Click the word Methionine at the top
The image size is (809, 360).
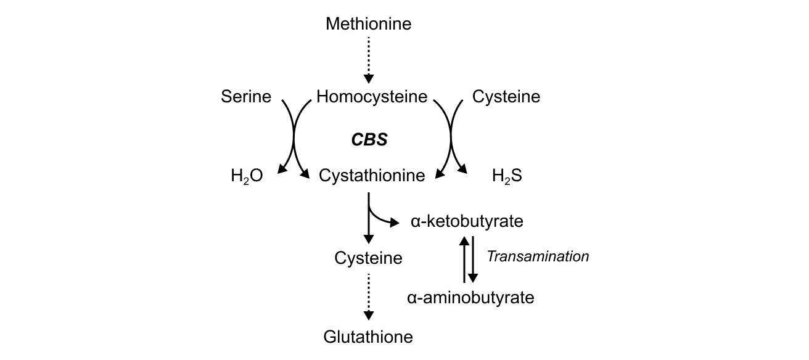click(x=368, y=24)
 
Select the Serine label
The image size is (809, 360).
click(x=246, y=97)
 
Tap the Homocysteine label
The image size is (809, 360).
click(x=371, y=97)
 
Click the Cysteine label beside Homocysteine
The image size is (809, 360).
click(x=506, y=97)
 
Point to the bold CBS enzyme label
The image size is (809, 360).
click(x=369, y=140)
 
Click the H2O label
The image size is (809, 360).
click(x=247, y=176)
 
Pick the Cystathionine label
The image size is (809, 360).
click(x=372, y=176)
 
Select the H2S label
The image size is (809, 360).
click(x=507, y=176)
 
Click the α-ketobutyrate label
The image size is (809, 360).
click(x=467, y=221)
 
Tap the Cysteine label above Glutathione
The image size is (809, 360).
click(x=368, y=258)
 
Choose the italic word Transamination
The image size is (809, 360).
click(x=538, y=256)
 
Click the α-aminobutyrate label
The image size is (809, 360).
click(x=470, y=298)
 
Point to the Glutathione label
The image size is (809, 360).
click(x=368, y=337)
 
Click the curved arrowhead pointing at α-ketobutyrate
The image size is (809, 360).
click(x=395, y=223)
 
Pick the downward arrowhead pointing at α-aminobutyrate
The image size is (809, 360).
click(x=473, y=277)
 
